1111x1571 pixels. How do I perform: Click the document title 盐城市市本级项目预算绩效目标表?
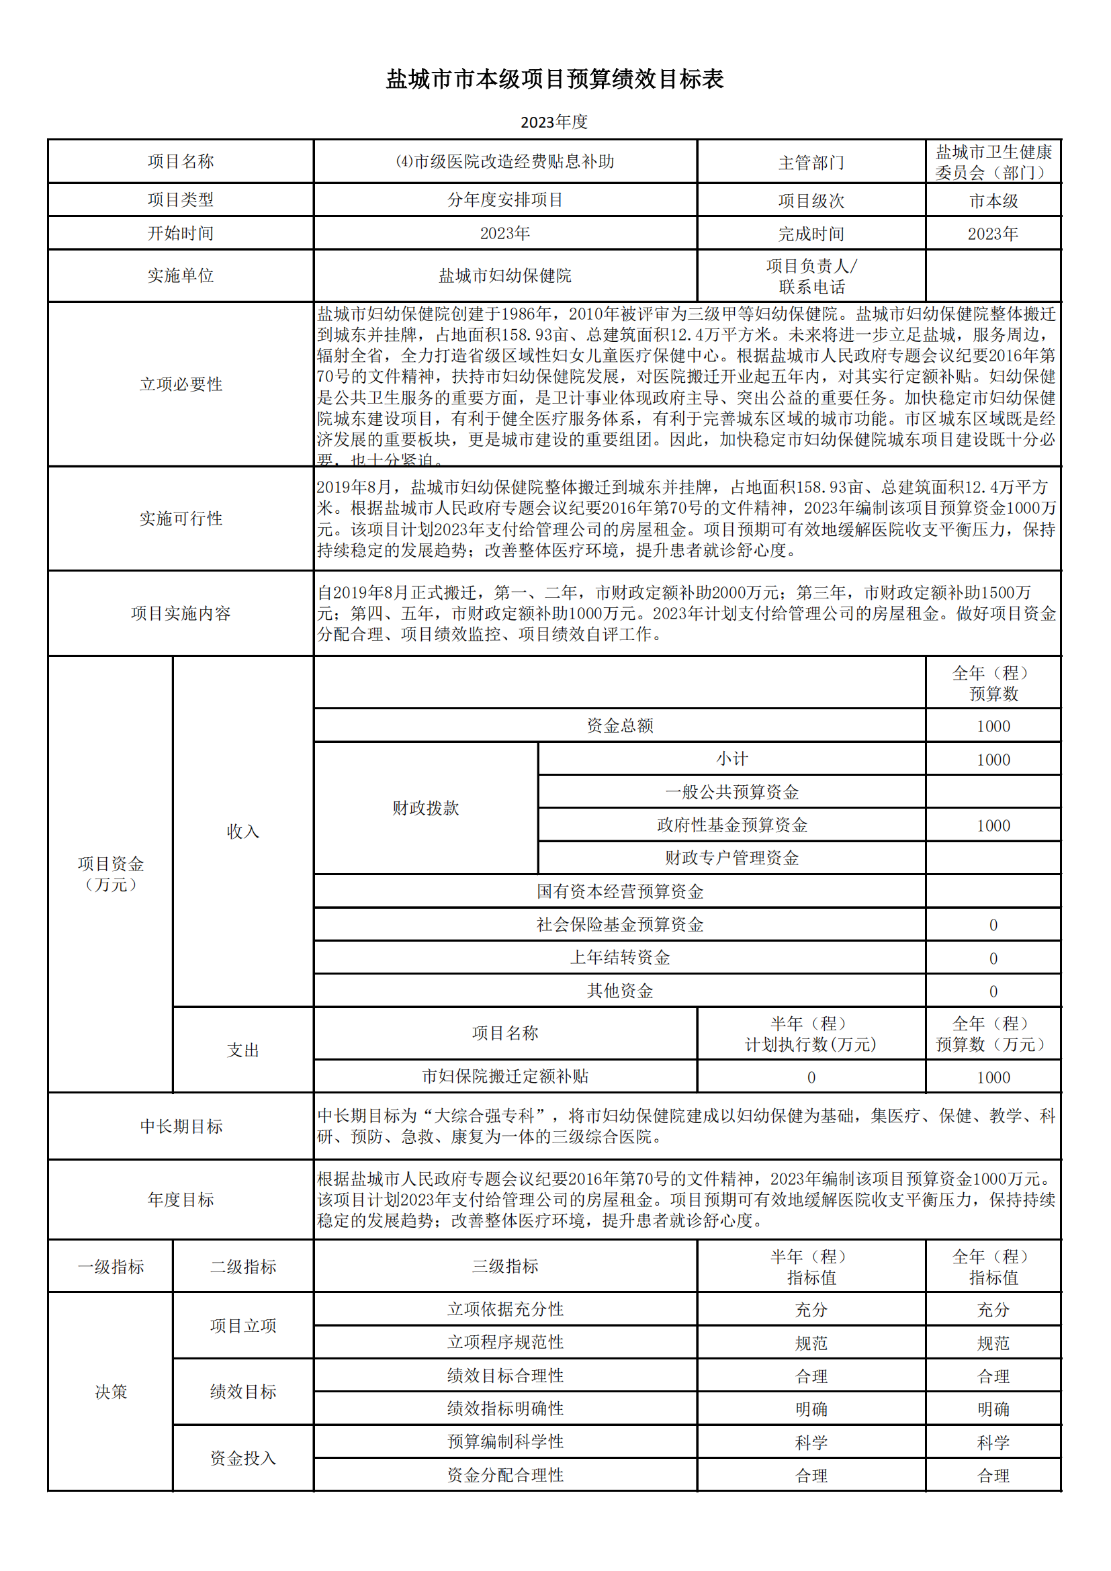[x=555, y=79]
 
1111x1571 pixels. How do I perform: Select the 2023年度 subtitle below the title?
[x=554, y=122]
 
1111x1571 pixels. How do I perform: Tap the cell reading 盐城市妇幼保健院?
[x=505, y=275]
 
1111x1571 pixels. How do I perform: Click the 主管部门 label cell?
[x=811, y=162]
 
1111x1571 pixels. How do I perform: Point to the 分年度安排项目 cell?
[x=505, y=199]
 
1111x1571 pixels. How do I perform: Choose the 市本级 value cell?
[x=993, y=200]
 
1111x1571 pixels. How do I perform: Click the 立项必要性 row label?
[x=181, y=384]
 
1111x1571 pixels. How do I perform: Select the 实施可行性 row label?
[x=181, y=518]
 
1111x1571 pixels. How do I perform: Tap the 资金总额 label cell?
[x=620, y=725]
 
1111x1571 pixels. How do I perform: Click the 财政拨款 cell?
[x=425, y=807]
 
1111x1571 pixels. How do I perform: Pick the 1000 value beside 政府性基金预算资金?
[x=993, y=825]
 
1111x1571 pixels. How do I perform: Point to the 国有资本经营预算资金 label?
[x=620, y=891]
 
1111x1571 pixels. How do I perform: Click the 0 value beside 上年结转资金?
[x=993, y=958]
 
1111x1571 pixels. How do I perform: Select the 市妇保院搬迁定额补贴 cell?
[x=505, y=1076]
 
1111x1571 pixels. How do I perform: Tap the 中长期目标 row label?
[x=181, y=1126]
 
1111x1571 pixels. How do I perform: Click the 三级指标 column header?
[x=505, y=1266]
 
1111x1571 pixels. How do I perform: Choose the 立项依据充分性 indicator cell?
[x=505, y=1309]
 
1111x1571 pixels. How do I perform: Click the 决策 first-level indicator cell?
[x=111, y=1392]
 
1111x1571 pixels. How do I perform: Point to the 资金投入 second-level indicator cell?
[x=243, y=1458]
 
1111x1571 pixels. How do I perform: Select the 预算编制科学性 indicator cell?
[x=505, y=1441]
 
